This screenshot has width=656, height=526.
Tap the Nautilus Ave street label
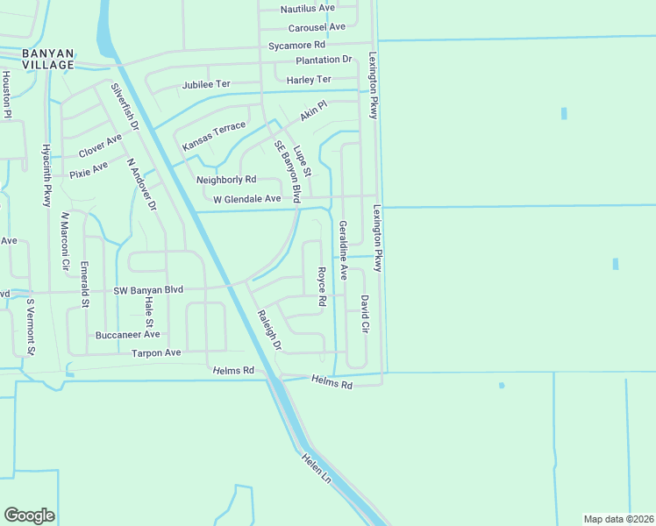308,9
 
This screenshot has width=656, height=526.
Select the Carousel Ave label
317,27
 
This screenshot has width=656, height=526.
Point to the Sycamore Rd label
296,45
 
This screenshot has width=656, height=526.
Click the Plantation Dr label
323,60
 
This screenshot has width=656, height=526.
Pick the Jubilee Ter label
205,85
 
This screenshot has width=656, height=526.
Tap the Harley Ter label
309,80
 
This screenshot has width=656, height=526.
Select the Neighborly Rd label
226,180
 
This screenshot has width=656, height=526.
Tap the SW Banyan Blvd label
148,290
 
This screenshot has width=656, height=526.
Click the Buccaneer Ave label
127,334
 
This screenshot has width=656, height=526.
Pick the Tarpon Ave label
155,352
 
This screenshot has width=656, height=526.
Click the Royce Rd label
322,286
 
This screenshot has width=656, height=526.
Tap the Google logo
29,515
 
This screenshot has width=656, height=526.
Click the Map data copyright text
617,519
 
